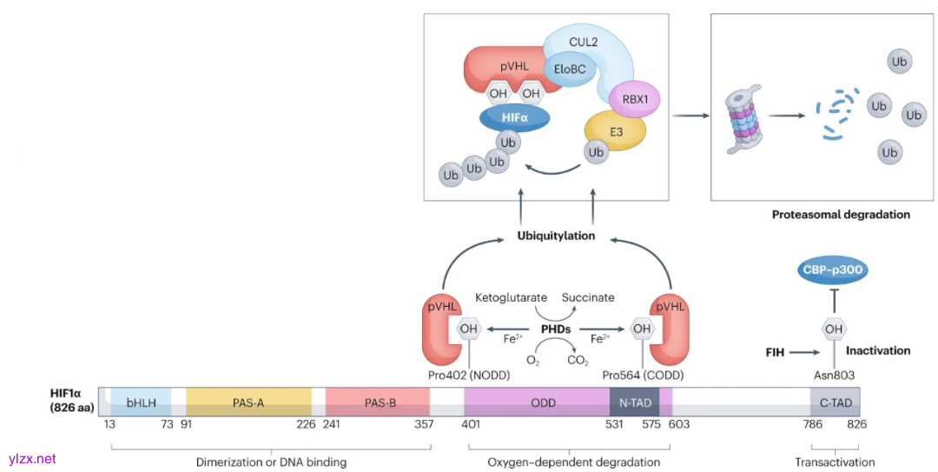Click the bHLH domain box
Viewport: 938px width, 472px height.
coord(140,402)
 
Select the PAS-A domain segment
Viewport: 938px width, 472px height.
coord(248,402)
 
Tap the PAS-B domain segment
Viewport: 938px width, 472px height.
coord(380,402)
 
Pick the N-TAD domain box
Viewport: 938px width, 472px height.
coord(635,402)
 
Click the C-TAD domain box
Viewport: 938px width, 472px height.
coord(835,402)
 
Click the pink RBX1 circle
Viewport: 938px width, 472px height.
coord(635,99)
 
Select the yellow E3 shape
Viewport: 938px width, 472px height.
coord(616,130)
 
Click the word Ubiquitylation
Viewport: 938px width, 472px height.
coord(556,236)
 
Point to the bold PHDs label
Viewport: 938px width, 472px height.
coord(555,329)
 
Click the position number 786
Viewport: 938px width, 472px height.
coord(813,426)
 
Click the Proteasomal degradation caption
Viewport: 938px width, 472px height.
coord(841,214)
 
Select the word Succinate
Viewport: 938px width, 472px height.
coord(588,298)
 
